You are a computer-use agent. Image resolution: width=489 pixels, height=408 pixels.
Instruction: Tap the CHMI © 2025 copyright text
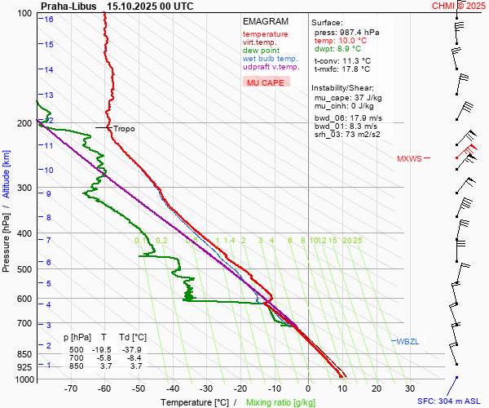(x=459, y=6)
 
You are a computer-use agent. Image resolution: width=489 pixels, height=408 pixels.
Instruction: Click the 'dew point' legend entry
(x=261, y=51)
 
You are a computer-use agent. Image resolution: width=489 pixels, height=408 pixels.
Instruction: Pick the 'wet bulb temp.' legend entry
(x=271, y=59)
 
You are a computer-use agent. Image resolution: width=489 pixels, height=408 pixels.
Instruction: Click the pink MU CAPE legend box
(x=266, y=82)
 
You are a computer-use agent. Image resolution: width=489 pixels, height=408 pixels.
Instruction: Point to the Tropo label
(x=124, y=129)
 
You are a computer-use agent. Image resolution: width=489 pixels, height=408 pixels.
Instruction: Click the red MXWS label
(x=409, y=159)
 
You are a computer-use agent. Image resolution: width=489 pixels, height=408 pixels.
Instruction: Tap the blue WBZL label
(x=407, y=341)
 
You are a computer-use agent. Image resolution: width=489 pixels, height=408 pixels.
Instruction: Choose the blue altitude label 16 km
(x=49, y=19)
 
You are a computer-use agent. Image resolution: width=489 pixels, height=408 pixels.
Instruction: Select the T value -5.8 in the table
(x=104, y=357)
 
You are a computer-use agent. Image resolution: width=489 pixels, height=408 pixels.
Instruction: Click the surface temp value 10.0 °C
(x=352, y=41)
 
